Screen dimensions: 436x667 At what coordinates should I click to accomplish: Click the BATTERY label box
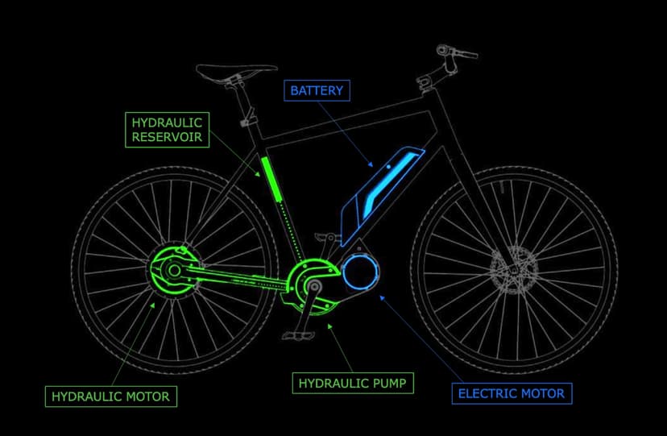317,90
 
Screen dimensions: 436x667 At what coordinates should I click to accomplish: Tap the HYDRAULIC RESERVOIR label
168,130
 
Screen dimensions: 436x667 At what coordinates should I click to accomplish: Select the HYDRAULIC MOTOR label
110,397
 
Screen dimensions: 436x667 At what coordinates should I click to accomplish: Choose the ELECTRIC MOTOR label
512,393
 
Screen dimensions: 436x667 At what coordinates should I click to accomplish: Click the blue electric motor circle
360,274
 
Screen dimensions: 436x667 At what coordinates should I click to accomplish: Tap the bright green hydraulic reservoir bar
272,179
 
